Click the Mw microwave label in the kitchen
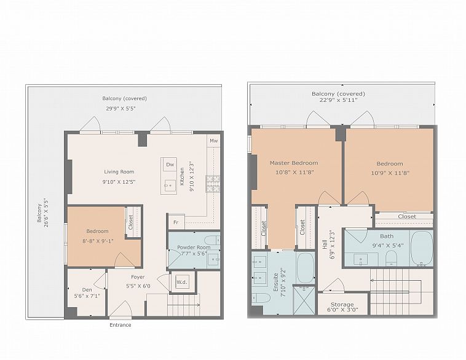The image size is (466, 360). [214, 141]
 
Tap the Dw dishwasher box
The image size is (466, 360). [170, 165]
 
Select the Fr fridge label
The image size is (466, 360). [176, 222]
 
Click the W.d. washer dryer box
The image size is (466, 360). [182, 282]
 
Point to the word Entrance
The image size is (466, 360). [120, 325]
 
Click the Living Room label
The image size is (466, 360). [119, 171]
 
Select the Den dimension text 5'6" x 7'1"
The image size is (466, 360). [87, 296]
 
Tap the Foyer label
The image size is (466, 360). [138, 277]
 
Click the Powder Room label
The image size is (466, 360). [194, 247]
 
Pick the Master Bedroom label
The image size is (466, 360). [294, 163]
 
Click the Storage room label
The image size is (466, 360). [342, 305]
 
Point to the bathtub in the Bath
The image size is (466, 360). [421, 248]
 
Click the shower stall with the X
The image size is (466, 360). [304, 300]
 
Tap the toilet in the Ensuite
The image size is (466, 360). [261, 297]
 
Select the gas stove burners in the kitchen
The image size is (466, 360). [213, 184]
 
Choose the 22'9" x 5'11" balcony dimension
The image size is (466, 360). [338, 100]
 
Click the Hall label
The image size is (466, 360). [325, 245]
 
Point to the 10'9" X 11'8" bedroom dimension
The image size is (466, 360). [390, 173]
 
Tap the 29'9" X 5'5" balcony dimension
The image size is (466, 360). [120, 108]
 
